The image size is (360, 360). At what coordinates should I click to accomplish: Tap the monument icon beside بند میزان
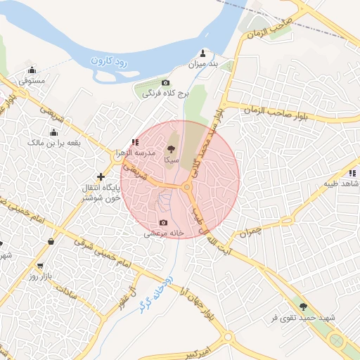pyautogui.click(x=204, y=53)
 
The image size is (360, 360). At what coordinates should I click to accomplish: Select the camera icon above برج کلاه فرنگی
pyautogui.click(x=166, y=83)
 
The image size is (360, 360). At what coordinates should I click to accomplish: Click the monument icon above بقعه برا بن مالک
pyautogui.click(x=53, y=132)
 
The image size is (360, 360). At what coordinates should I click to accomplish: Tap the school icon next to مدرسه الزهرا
pyautogui.click(x=135, y=142)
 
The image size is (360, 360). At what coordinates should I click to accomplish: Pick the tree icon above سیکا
pyautogui.click(x=171, y=149)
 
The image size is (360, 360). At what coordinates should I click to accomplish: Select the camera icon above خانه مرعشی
pyautogui.click(x=164, y=222)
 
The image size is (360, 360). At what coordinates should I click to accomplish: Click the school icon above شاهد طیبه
pyautogui.click(x=352, y=172)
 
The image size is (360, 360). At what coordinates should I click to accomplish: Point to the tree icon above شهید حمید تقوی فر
pyautogui.click(x=303, y=307)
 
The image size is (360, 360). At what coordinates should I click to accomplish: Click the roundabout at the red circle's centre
pyautogui.click(x=187, y=188)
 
